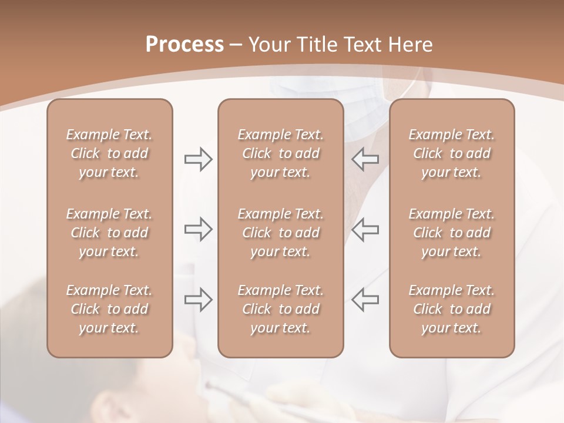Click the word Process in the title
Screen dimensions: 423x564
[184, 45]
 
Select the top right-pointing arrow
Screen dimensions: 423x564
[199, 159]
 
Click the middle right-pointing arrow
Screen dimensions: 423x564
[199, 229]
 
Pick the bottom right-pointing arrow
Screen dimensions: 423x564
[199, 299]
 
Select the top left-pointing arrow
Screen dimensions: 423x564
[365, 159]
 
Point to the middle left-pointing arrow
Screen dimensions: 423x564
[365, 229]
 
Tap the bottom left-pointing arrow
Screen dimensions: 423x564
[365, 299]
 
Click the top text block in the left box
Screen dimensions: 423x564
[109, 153]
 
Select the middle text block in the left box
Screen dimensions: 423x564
[109, 233]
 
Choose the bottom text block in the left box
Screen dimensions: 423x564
[109, 309]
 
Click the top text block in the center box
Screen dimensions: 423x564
[281, 153]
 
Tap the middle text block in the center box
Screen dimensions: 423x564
[281, 233]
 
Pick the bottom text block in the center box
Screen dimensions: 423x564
[281, 309]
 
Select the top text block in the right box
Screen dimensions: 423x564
[452, 153]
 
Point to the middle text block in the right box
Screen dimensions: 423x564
[452, 233]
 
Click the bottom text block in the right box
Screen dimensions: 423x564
[452, 309]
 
